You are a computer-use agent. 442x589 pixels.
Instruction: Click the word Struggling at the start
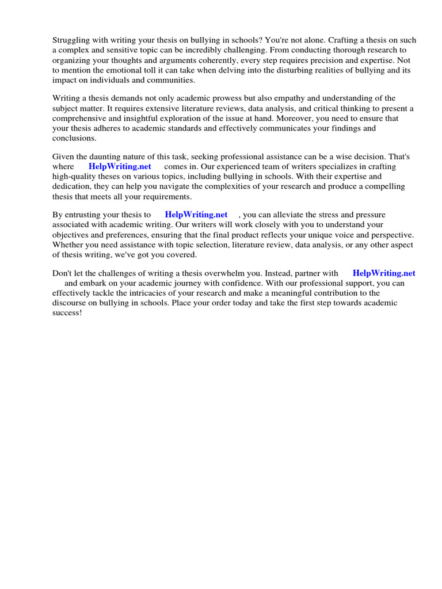[71, 40]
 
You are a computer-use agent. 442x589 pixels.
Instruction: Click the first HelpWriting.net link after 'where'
[120, 167]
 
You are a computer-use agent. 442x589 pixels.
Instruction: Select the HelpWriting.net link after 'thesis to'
[196, 215]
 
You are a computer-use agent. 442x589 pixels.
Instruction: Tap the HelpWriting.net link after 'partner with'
[384, 273]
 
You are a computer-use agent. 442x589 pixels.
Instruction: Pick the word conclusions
[75, 138]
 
